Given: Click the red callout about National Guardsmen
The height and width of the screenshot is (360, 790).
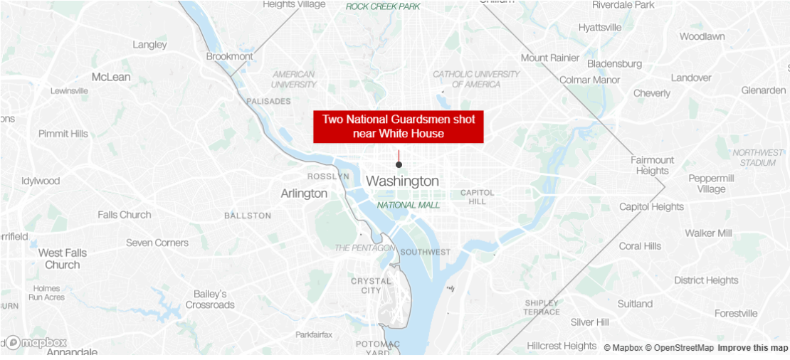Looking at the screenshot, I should (x=398, y=127).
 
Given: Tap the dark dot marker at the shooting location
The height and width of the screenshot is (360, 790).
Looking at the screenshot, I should (x=399, y=165).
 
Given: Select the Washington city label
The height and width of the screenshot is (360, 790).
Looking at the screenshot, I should (x=402, y=181).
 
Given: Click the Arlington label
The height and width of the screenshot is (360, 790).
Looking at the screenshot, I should (x=304, y=194).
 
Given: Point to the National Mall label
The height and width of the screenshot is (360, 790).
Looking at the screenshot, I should (x=409, y=205).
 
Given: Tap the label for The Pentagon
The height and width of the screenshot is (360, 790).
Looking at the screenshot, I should (x=364, y=248).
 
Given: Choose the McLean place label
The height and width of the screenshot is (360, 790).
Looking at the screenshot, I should (x=111, y=77).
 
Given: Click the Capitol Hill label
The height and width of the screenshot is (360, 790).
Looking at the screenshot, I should (x=477, y=197).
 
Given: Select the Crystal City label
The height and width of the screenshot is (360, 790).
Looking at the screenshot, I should (x=371, y=285).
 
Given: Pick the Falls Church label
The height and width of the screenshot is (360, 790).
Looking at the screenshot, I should (x=125, y=215).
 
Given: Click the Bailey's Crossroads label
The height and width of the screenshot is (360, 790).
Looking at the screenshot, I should (x=210, y=300).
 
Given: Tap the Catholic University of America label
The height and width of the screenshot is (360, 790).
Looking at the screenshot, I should (x=476, y=79).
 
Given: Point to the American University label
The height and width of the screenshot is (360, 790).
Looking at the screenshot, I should (x=293, y=79).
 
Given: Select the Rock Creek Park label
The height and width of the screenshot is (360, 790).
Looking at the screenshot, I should (x=383, y=6).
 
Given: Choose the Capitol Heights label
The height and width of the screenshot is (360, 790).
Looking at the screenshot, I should (x=651, y=207).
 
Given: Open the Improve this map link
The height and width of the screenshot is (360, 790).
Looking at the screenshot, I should (x=752, y=348).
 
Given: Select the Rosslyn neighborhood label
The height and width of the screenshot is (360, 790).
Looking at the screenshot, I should (x=328, y=176).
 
